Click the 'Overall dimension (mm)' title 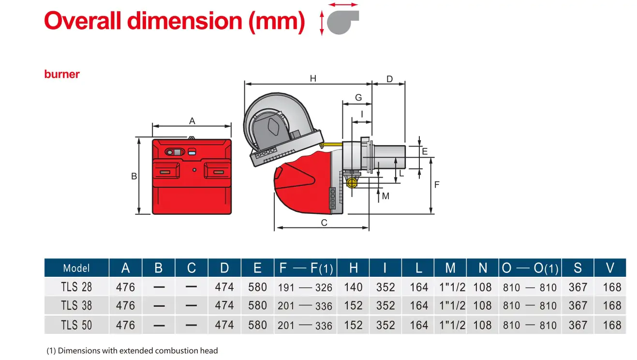pyautogui.click(x=174, y=21)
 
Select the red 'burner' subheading pyautogui.click(x=62, y=74)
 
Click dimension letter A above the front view pyautogui.click(x=192, y=121)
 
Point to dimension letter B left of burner pyautogui.click(x=134, y=177)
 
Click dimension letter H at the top pyautogui.click(x=313, y=78)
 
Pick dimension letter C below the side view pyautogui.click(x=324, y=223)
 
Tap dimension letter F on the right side pyautogui.click(x=437, y=184)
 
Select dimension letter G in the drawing pyautogui.click(x=358, y=98)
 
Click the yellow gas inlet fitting pyautogui.click(x=351, y=182)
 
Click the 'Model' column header pyautogui.click(x=76, y=268)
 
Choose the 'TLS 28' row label pyautogui.click(x=76, y=287)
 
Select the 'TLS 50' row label pyautogui.click(x=76, y=325)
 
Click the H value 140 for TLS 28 pyautogui.click(x=353, y=287)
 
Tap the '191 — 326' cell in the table pyautogui.click(x=305, y=287)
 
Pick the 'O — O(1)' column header pyautogui.click(x=530, y=268)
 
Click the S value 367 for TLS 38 pyautogui.click(x=578, y=306)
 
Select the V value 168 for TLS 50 pyautogui.click(x=612, y=325)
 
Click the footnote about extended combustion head pyautogui.click(x=132, y=350)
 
